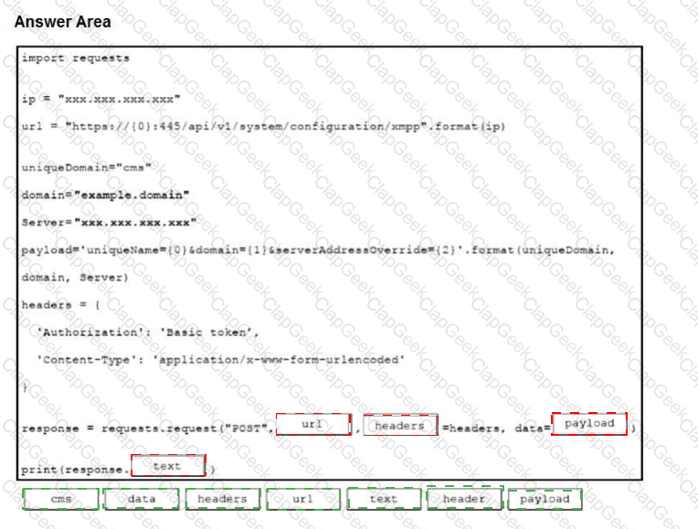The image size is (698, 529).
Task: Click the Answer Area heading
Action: (63, 22)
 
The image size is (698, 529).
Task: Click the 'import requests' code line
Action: (75, 58)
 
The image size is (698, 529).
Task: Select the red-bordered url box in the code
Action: (313, 424)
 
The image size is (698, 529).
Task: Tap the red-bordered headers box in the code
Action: (400, 425)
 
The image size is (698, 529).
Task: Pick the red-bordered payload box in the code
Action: (589, 423)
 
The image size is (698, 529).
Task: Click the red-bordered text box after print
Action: (168, 466)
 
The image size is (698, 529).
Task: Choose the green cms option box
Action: (61, 499)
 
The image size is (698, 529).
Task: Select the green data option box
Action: (142, 499)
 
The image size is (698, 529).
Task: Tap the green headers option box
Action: (223, 499)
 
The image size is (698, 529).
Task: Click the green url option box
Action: (303, 499)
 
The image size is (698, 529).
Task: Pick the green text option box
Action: (384, 499)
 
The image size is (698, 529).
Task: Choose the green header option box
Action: (465, 498)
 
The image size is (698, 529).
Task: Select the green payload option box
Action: (545, 499)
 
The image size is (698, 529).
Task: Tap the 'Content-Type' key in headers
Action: (87, 360)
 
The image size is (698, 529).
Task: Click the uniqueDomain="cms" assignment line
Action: (87, 168)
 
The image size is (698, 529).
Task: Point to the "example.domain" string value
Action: (132, 195)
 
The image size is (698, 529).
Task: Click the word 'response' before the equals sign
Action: (50, 428)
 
